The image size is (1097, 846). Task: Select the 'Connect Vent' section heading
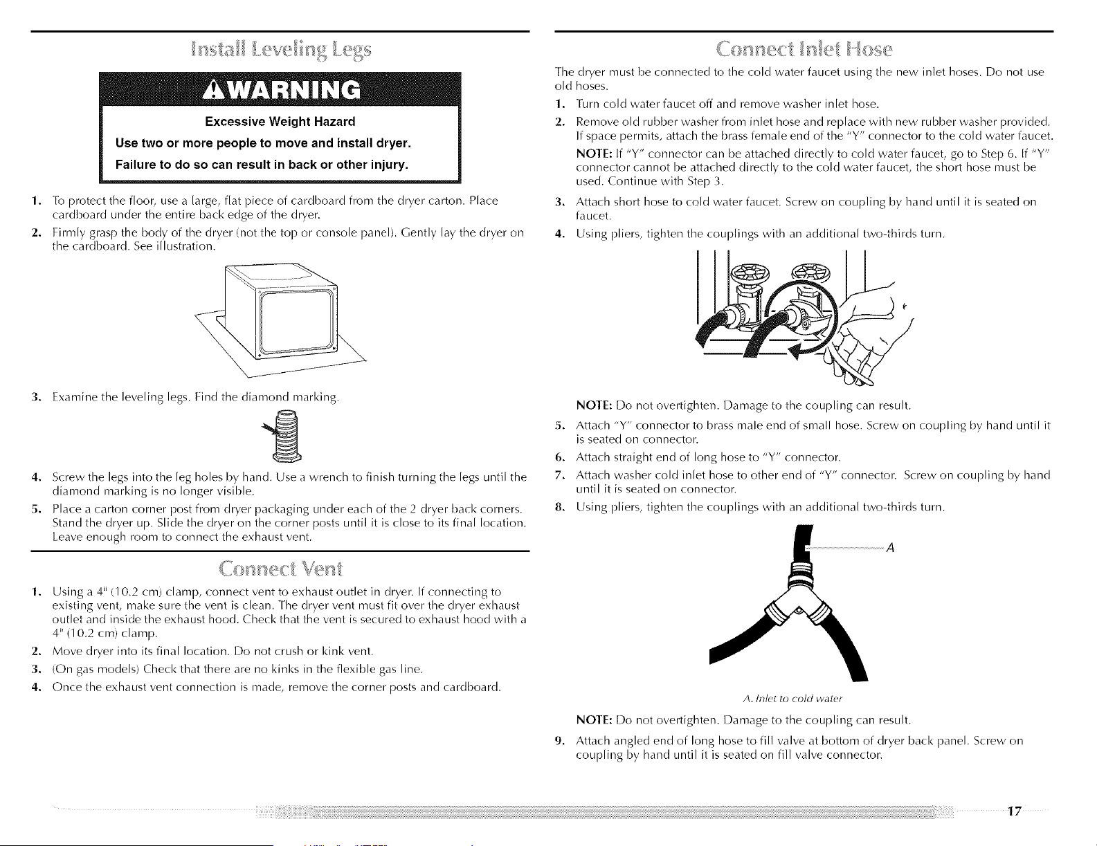281,569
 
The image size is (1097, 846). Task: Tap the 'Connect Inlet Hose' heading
804,49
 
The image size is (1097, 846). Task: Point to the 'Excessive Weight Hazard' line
280,122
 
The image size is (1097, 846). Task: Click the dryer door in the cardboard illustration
296,322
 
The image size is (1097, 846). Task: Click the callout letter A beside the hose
890,548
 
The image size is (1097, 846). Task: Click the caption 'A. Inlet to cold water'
792,699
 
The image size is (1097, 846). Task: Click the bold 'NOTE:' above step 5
595,405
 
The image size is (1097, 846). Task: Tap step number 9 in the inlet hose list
559,741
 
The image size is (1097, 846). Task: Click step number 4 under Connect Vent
35,688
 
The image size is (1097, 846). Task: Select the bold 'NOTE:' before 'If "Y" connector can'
595,154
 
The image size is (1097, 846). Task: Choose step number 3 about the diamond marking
35,398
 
